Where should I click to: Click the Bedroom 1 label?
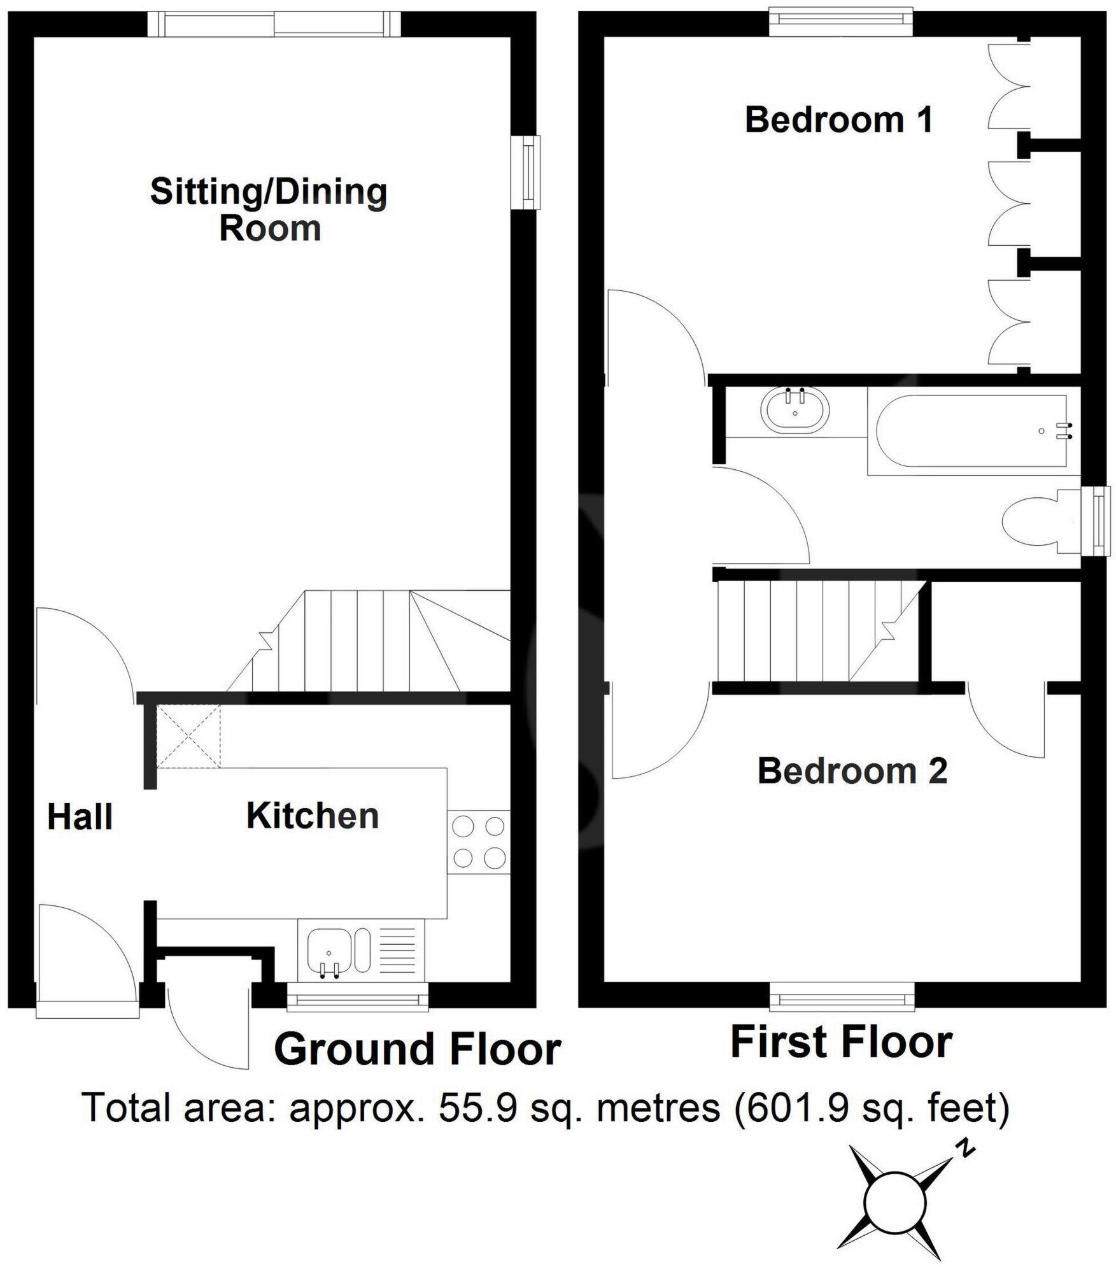(x=838, y=120)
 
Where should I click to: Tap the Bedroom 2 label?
(x=852, y=771)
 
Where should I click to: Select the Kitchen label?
(x=313, y=816)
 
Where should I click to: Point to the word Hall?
(x=80, y=817)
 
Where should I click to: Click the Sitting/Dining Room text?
(x=269, y=210)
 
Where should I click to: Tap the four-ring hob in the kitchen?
(x=478, y=842)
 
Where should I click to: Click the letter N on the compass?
(x=967, y=1148)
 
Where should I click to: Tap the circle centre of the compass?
(x=894, y=1203)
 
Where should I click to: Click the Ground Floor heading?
(x=417, y=1050)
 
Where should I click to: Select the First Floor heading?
(x=841, y=1042)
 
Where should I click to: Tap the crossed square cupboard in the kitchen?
(x=188, y=735)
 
